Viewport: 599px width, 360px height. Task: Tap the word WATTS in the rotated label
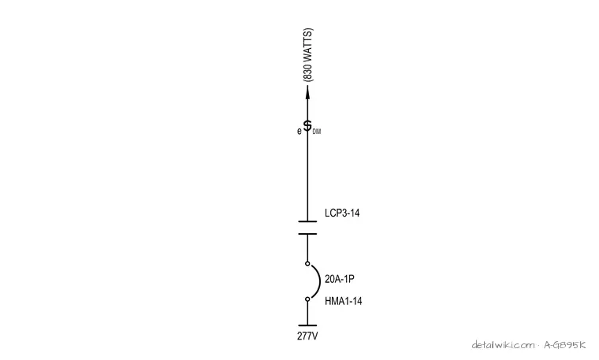307,45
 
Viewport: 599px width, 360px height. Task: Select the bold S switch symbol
307,125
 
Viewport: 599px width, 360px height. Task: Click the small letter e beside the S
299,132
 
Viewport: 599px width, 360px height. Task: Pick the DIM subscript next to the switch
317,132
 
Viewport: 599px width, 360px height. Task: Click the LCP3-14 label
342,213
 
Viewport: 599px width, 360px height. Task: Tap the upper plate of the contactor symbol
307,221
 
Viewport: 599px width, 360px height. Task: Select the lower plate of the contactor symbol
307,234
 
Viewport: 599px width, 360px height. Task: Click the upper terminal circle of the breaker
307,263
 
